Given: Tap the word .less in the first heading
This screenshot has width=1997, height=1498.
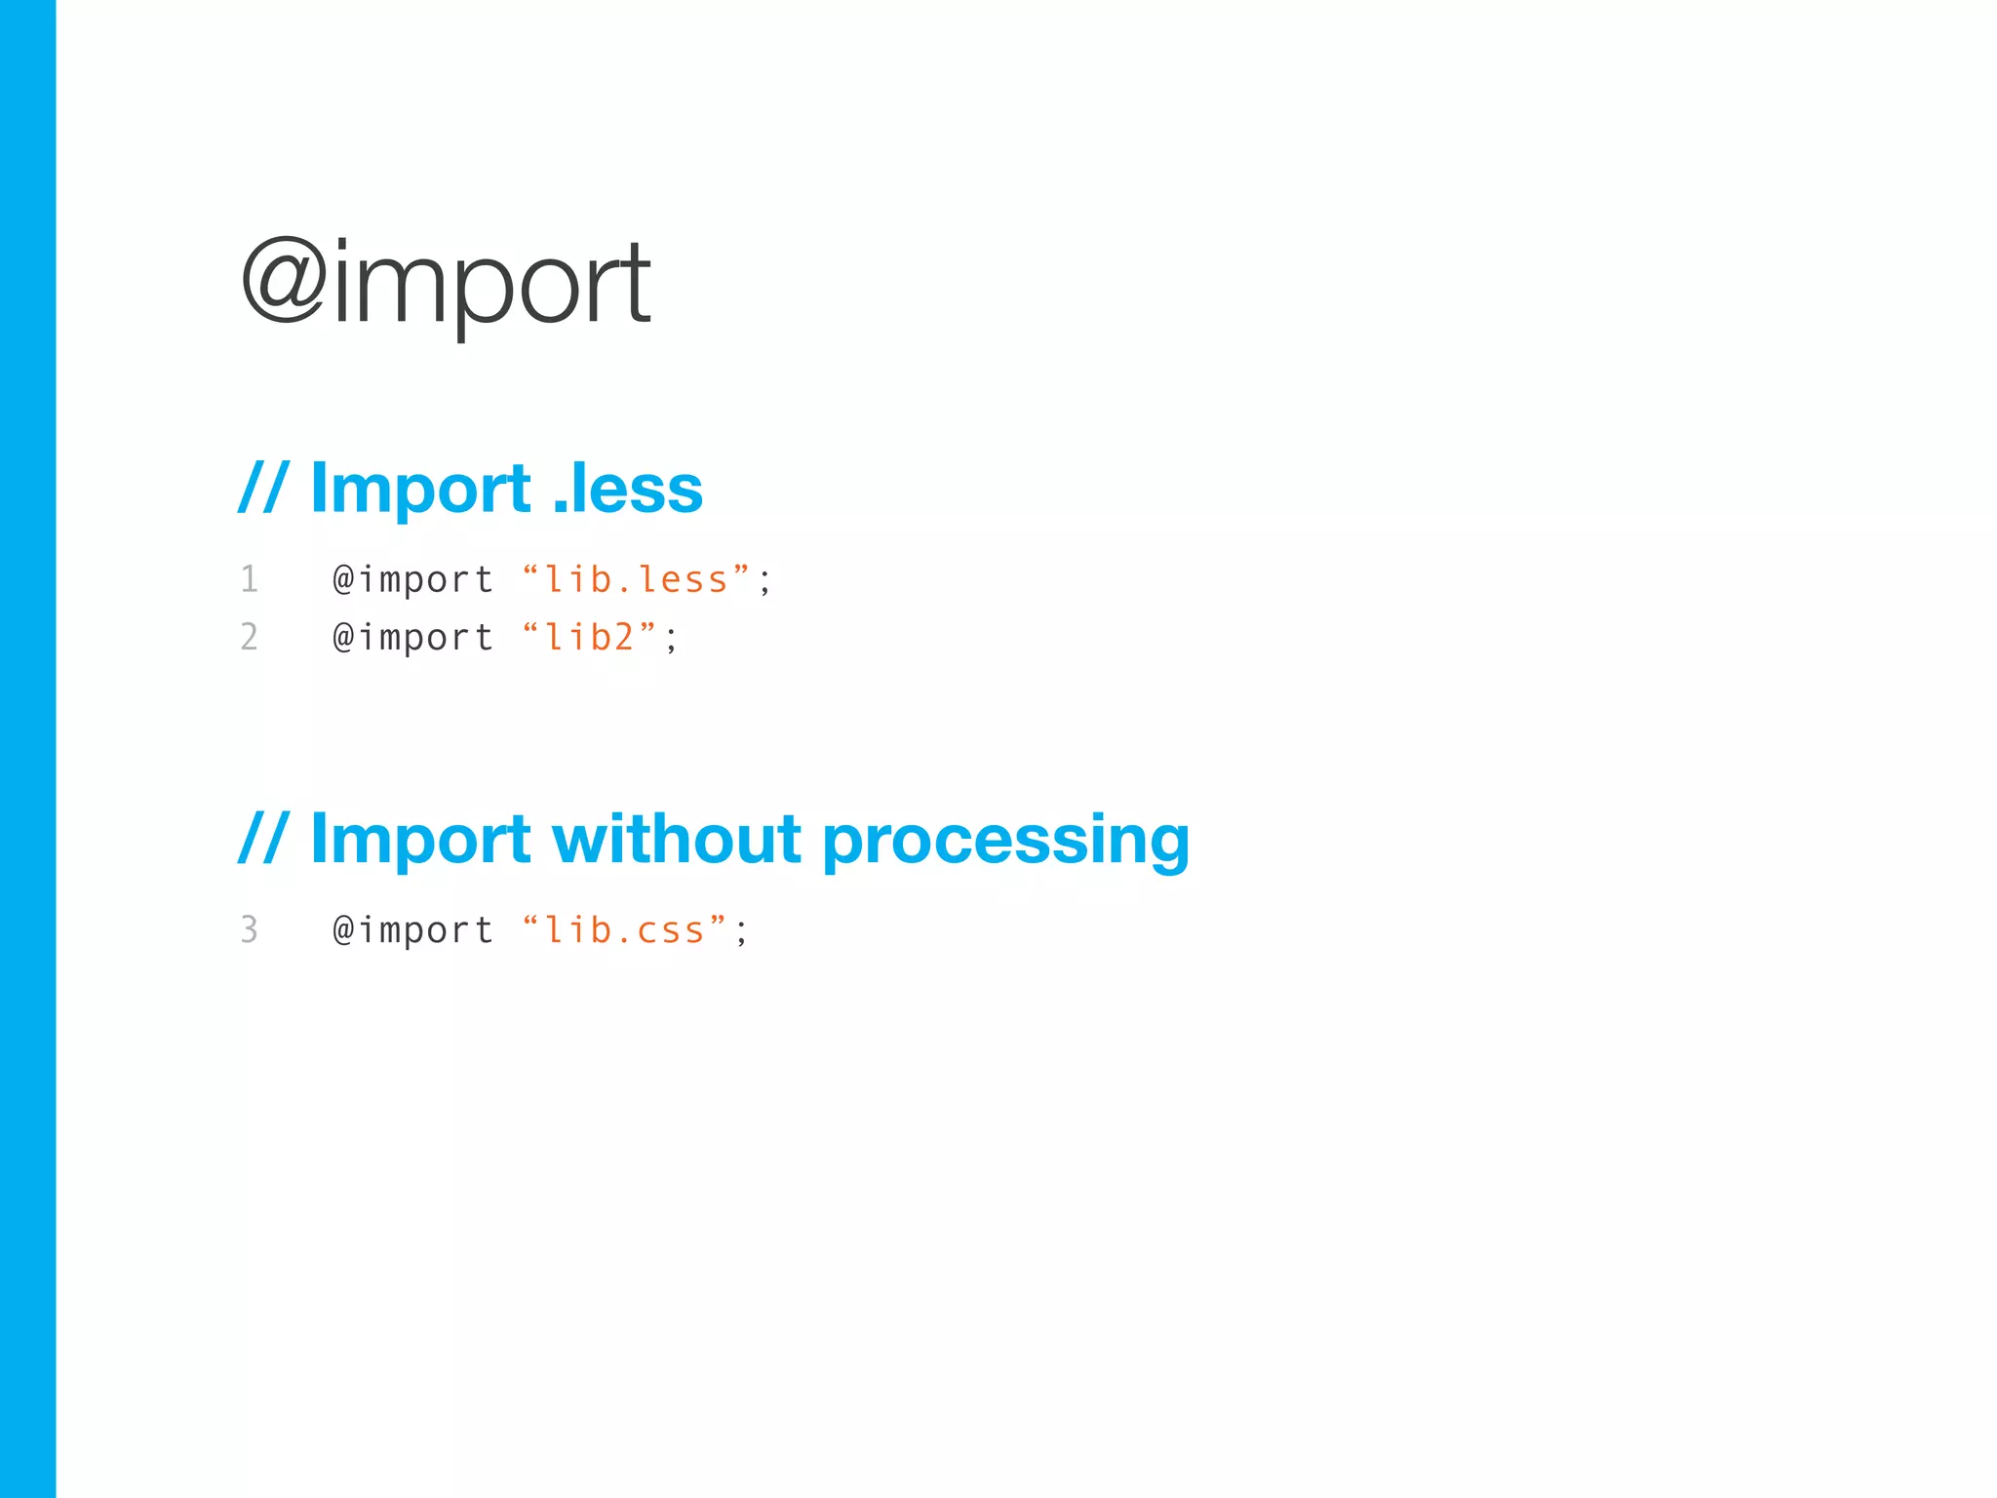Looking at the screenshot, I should (x=627, y=489).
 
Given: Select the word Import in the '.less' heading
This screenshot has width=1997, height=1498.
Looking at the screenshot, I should (x=420, y=489).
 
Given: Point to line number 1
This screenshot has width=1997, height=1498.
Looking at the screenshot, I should (x=250, y=579).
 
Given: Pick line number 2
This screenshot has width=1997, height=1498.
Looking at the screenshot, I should (x=250, y=637).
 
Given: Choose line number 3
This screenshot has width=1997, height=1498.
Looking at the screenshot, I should (x=250, y=929).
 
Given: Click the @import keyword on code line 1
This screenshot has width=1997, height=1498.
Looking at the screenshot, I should (x=412, y=580).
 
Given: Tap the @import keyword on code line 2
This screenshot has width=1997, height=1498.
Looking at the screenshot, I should (x=412, y=638).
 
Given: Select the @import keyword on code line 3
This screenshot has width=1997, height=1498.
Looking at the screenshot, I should (x=412, y=930).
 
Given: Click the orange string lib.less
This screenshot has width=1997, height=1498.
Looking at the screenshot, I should (x=636, y=579).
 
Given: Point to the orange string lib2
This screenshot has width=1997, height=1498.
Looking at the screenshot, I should (x=589, y=637).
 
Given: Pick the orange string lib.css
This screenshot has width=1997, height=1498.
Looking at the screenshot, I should (x=624, y=929).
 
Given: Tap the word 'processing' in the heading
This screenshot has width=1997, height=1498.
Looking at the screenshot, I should (x=1005, y=841).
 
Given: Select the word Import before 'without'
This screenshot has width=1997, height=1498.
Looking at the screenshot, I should (x=420, y=839).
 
